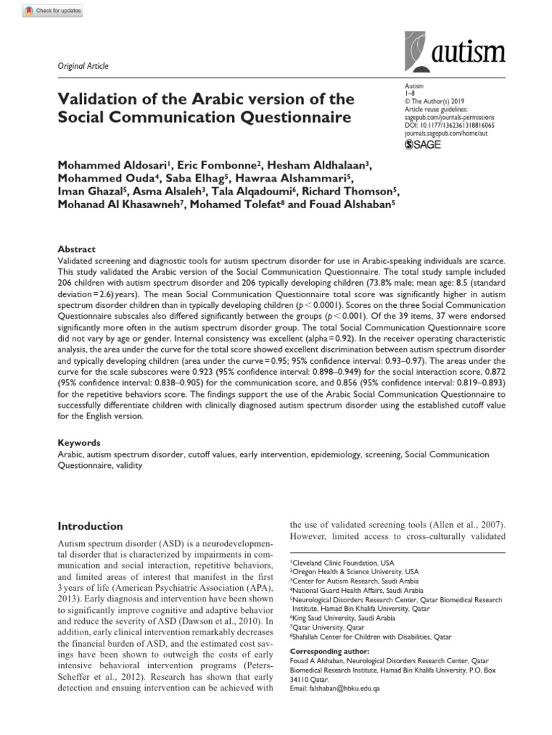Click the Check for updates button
(54, 11)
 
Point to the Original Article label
(83, 66)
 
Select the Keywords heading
(78, 443)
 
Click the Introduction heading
(90, 525)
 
